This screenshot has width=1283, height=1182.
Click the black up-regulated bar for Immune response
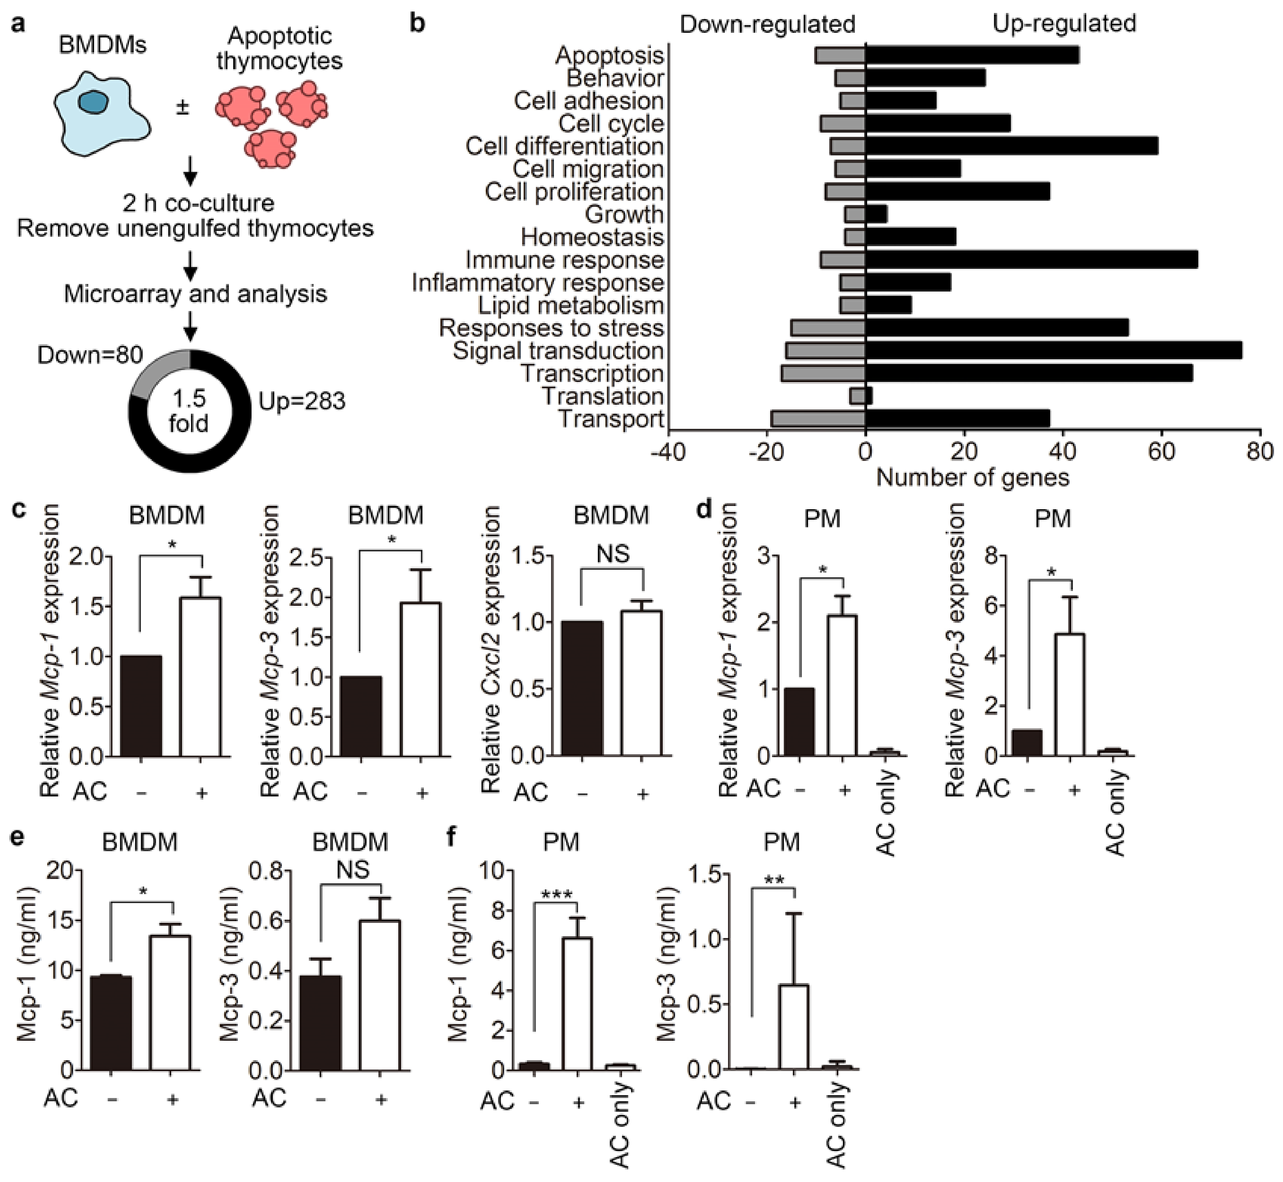click(1031, 260)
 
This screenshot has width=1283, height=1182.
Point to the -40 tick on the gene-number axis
click(669, 452)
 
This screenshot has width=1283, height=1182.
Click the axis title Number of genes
click(972, 477)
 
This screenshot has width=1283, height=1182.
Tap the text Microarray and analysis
click(195, 294)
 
